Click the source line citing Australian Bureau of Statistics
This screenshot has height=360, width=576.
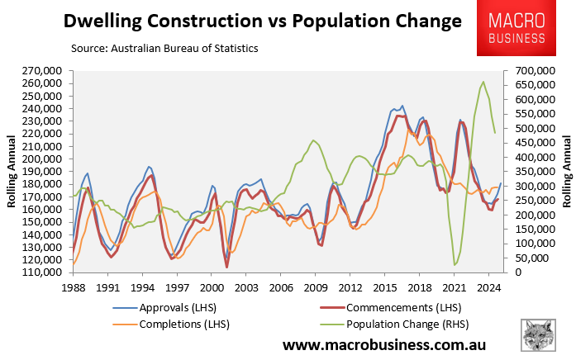[x=164, y=49]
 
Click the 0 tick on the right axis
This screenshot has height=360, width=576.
[x=520, y=272]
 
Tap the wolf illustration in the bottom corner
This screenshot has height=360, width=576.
[x=541, y=336]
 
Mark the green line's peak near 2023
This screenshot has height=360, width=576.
[x=483, y=82]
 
